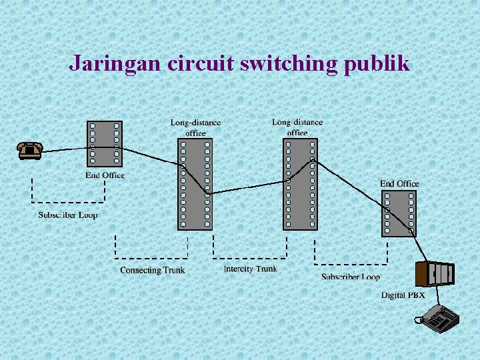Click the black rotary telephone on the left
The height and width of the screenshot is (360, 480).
click(30, 151)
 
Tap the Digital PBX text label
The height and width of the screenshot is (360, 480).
click(403, 295)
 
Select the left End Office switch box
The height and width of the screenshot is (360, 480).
click(105, 143)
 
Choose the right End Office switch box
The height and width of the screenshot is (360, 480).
click(399, 213)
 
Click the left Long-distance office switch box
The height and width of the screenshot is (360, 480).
click(195, 184)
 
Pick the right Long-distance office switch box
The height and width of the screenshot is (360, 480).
click(300, 184)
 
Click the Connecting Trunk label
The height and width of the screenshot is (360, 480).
click(152, 270)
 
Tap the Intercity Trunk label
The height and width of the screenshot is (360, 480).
click(250, 269)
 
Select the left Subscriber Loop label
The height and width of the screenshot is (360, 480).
click(67, 215)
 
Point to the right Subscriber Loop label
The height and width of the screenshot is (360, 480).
click(351, 276)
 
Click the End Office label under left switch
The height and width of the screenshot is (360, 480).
click(105, 175)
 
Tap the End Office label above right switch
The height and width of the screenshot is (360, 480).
click(399, 183)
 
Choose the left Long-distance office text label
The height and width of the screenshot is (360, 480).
click(195, 128)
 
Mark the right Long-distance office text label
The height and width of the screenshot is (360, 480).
click(297, 127)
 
